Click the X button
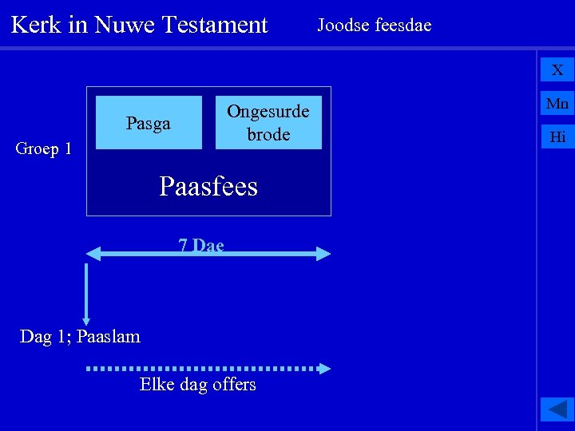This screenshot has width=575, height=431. click(557, 70)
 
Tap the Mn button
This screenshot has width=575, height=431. click(557, 103)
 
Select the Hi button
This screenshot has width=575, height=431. click(557, 136)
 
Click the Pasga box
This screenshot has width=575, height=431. click(149, 123)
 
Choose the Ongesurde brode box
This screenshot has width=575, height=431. click(268, 123)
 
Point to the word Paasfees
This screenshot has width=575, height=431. click(208, 187)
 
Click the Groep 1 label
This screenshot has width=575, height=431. click(44, 148)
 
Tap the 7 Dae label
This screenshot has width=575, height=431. click(201, 245)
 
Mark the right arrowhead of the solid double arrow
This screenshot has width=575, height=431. click(323, 255)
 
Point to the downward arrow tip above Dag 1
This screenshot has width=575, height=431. click(85, 321)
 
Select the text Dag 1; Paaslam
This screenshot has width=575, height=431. click(80, 337)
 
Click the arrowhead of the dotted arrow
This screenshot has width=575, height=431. click(323, 369)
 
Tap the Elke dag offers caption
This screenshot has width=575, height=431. click(198, 385)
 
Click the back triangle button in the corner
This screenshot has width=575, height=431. click(557, 409)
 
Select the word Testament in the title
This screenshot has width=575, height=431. click(214, 25)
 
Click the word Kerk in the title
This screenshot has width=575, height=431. click(36, 25)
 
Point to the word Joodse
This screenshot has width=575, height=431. click(343, 25)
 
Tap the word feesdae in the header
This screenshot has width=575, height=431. click(402, 25)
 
